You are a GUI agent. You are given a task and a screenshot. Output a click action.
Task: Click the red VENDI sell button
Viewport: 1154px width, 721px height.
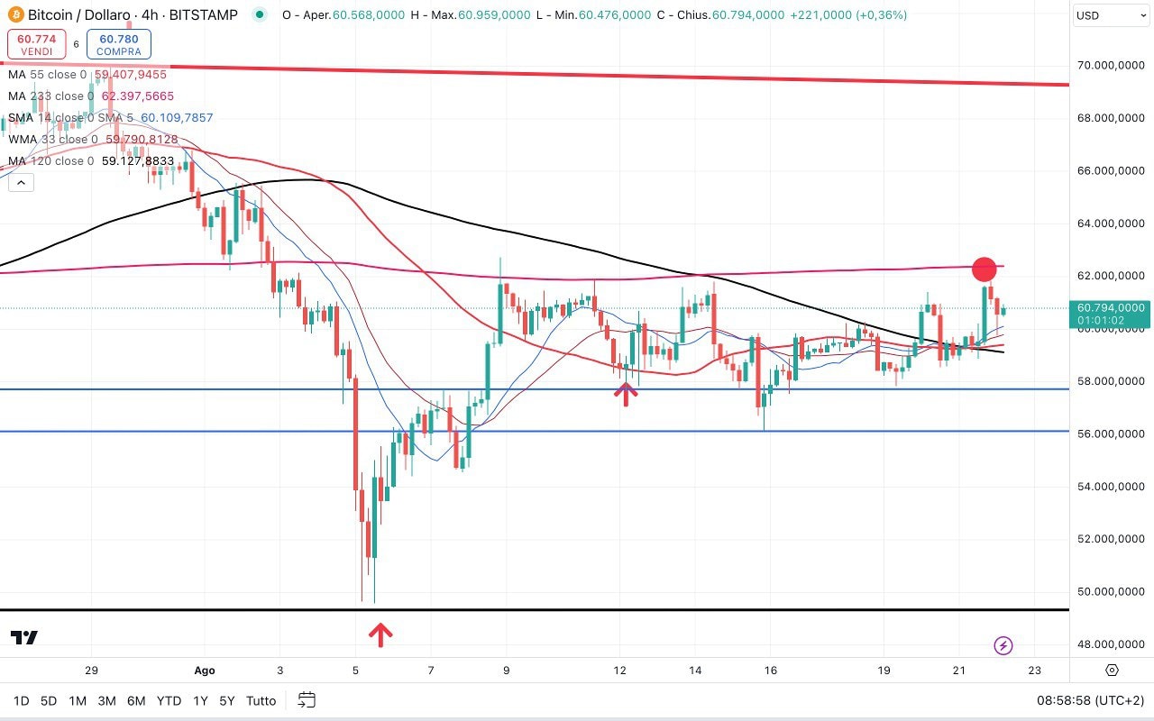37,44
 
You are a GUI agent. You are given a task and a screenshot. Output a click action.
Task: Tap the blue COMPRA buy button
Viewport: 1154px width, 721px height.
119,44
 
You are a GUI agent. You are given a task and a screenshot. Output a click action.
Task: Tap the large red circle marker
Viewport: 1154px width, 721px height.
985,269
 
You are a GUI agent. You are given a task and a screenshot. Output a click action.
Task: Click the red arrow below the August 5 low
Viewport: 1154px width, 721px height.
380,634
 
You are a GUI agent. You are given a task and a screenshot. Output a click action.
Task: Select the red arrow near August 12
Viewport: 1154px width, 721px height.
626,393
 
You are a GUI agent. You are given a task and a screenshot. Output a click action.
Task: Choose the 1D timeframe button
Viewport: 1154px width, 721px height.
21,700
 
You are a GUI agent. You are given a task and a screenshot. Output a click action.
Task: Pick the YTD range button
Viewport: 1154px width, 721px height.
169,700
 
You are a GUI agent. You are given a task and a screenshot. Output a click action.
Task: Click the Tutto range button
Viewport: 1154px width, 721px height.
261,700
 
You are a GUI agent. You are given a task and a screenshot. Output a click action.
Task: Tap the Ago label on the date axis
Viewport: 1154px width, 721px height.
205,671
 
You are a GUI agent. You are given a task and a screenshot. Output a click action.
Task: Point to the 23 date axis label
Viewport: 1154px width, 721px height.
1034,671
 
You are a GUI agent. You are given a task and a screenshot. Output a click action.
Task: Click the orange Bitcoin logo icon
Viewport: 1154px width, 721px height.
14,15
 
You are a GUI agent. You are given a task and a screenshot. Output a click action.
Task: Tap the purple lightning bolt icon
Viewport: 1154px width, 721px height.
1003,645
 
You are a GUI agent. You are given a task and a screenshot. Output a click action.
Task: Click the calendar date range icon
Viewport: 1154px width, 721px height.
307,700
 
